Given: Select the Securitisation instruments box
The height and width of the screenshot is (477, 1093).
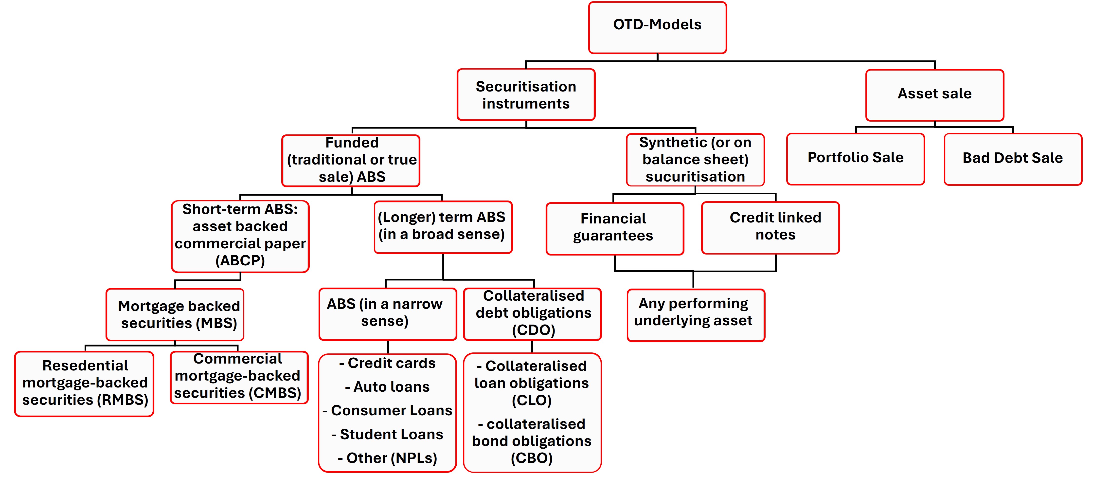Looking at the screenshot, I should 526,95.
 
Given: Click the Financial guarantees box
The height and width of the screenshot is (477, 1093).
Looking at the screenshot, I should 614,228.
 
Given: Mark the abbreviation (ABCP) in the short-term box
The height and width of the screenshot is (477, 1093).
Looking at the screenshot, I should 240,260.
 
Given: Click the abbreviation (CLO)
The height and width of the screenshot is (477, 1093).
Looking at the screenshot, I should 531,400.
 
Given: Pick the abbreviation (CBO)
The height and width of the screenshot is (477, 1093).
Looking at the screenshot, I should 531,458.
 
